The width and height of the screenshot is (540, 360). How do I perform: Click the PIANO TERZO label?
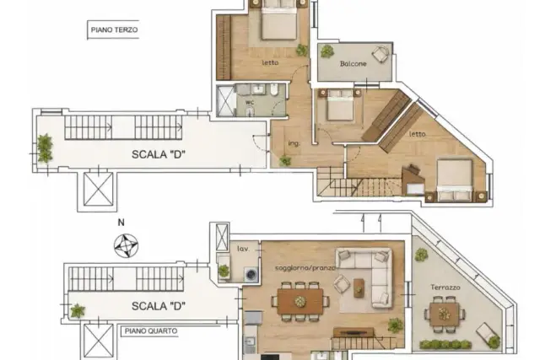[114, 30]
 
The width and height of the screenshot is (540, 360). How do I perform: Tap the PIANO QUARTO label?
[151, 331]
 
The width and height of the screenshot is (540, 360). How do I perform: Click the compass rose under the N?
[126, 245]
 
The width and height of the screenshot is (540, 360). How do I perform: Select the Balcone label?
[353, 64]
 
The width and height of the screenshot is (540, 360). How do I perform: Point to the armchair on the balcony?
[381, 54]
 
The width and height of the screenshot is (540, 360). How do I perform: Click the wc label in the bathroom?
[250, 102]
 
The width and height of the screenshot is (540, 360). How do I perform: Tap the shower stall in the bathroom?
[225, 101]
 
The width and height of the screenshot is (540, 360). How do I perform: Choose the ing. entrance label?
[294, 143]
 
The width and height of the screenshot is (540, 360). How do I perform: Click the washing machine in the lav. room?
[251, 274]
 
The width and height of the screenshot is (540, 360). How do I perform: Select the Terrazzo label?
[445, 287]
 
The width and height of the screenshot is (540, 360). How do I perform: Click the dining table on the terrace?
[445, 314]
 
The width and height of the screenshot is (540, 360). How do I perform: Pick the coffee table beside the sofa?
[359, 287]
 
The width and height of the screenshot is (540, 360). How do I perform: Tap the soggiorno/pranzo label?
[305, 268]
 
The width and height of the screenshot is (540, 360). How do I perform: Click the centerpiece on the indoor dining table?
[300, 302]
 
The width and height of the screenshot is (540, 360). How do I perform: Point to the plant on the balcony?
[327, 51]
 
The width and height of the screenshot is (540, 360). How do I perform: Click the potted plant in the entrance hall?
[285, 160]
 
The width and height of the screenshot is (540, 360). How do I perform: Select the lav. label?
[243, 249]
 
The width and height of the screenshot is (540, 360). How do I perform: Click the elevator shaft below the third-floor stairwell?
[99, 190]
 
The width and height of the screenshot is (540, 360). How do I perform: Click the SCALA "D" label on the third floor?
[159, 154]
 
